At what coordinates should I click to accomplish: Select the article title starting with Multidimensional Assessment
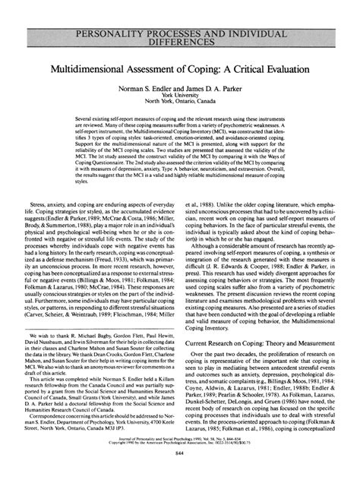[180, 68]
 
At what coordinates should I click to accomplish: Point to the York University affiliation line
[180, 96]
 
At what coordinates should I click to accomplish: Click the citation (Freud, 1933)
[132, 256]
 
